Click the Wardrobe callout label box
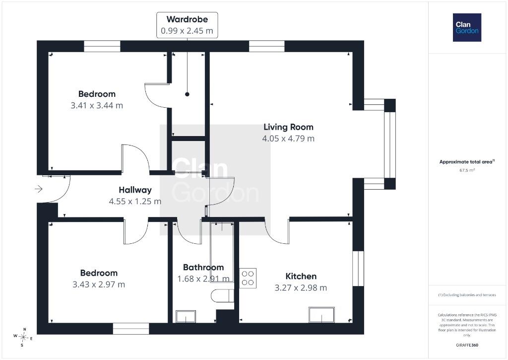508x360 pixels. pos(187,25)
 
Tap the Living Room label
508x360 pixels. pos(288,127)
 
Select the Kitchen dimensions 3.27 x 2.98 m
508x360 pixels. pos(301,288)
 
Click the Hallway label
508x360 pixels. pos(135,190)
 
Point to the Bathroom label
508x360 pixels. pos(203,267)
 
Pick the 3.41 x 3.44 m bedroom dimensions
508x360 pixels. pos(97,105)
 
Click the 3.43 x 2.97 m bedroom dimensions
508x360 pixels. pos(99,285)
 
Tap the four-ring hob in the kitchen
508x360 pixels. pos(248,278)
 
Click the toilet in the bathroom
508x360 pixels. pos(222,295)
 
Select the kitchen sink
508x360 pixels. pos(321,315)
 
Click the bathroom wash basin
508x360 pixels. pos(186,316)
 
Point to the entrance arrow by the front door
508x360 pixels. pos(39,189)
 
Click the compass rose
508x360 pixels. pos(23,337)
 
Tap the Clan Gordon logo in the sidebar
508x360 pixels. pos(467,28)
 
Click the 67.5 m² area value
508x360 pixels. pos(467,170)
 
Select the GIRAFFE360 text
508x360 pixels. pos(467,345)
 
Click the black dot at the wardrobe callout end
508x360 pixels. pos(187,94)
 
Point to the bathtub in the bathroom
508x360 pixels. pos(222,253)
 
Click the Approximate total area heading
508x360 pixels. pos(467,161)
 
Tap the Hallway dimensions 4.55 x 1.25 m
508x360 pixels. pos(135,202)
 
